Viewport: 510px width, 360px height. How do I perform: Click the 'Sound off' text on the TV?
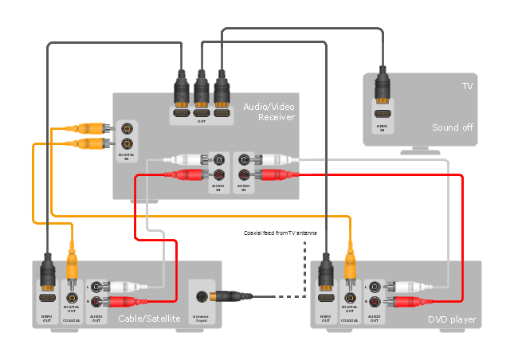pos(452,127)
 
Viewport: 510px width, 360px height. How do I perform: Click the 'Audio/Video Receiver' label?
pos(269,112)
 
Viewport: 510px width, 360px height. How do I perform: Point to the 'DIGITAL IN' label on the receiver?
pos(127,156)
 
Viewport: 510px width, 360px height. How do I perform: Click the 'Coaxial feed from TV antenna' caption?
pos(280,233)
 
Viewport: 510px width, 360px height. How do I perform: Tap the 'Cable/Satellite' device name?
pos(149,319)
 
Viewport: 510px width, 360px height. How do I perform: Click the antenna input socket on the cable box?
pos(202,296)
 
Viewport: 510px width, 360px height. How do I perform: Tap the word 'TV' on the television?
pos(467,86)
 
